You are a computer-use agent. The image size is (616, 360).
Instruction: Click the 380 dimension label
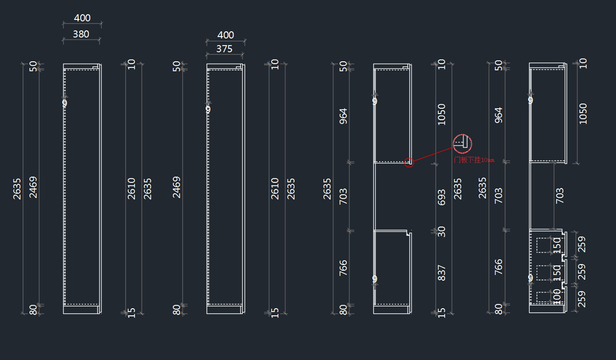tap(81, 34)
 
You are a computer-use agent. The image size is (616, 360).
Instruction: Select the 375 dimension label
tap(224, 49)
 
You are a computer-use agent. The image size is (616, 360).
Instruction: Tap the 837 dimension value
tap(441, 273)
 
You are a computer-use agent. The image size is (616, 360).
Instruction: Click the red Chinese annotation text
tap(474, 160)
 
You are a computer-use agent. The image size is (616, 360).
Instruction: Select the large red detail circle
tap(463, 144)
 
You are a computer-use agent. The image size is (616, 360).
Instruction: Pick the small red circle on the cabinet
tap(409, 162)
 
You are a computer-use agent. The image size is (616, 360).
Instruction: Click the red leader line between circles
tap(434, 154)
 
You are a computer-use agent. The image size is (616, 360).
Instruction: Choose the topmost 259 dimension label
tap(582, 244)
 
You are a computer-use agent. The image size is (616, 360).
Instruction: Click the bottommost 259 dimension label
tap(582, 298)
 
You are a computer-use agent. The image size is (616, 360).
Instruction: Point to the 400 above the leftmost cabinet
tap(82, 18)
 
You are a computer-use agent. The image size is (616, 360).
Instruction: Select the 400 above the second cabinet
tap(225, 35)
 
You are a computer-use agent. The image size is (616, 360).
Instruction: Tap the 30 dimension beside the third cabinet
tap(441, 232)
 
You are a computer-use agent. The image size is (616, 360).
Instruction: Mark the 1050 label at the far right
tap(583, 113)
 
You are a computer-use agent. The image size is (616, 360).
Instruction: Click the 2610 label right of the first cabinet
tap(131, 188)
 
